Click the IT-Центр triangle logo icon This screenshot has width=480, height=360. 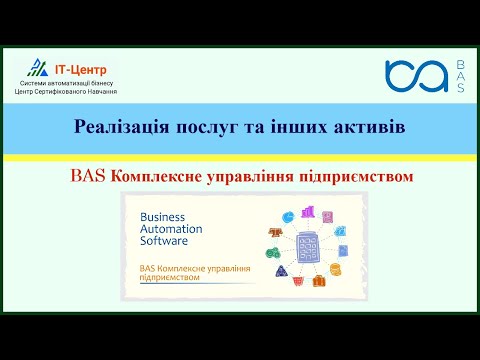[x=37, y=68]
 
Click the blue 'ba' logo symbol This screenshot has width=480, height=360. [x=416, y=76]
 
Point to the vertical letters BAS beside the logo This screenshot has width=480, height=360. [x=459, y=76]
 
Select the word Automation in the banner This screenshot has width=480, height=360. [x=172, y=229]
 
